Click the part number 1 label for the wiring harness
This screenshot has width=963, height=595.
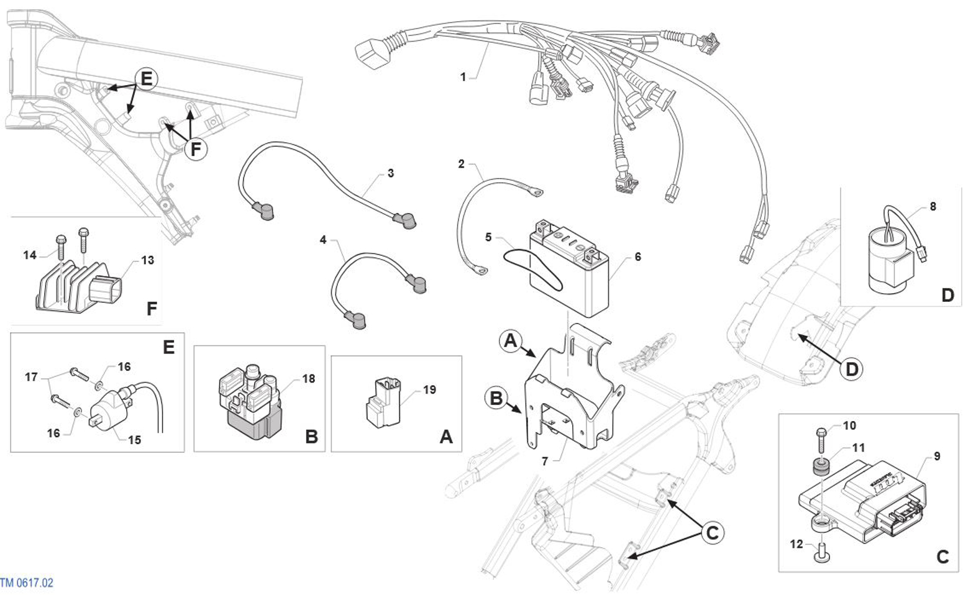tap(463, 76)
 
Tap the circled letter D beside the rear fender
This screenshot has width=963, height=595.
tap(852, 369)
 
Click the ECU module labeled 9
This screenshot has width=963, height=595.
tap(864, 497)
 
